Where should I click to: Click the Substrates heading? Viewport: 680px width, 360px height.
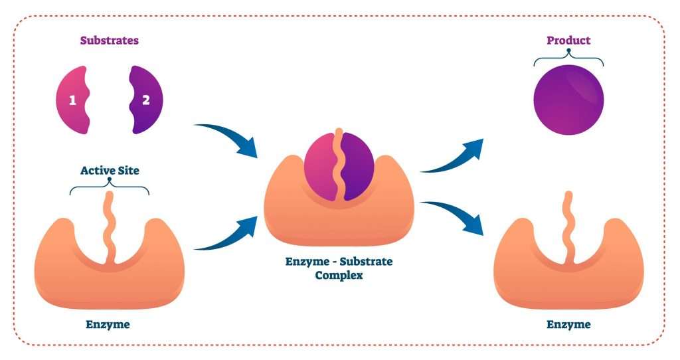[110, 41]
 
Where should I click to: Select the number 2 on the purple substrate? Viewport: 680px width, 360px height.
[146, 101]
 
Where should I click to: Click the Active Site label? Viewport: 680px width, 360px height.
[110, 171]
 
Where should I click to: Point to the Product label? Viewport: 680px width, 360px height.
[568, 41]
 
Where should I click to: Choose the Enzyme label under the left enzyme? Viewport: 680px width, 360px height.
[108, 325]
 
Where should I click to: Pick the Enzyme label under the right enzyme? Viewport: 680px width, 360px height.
[568, 325]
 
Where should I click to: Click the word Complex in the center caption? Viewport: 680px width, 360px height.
[339, 275]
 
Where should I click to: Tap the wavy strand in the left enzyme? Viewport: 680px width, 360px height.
[110, 226]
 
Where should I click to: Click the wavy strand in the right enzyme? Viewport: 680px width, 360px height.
[568, 226]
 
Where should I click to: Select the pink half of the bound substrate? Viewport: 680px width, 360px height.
[321, 166]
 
